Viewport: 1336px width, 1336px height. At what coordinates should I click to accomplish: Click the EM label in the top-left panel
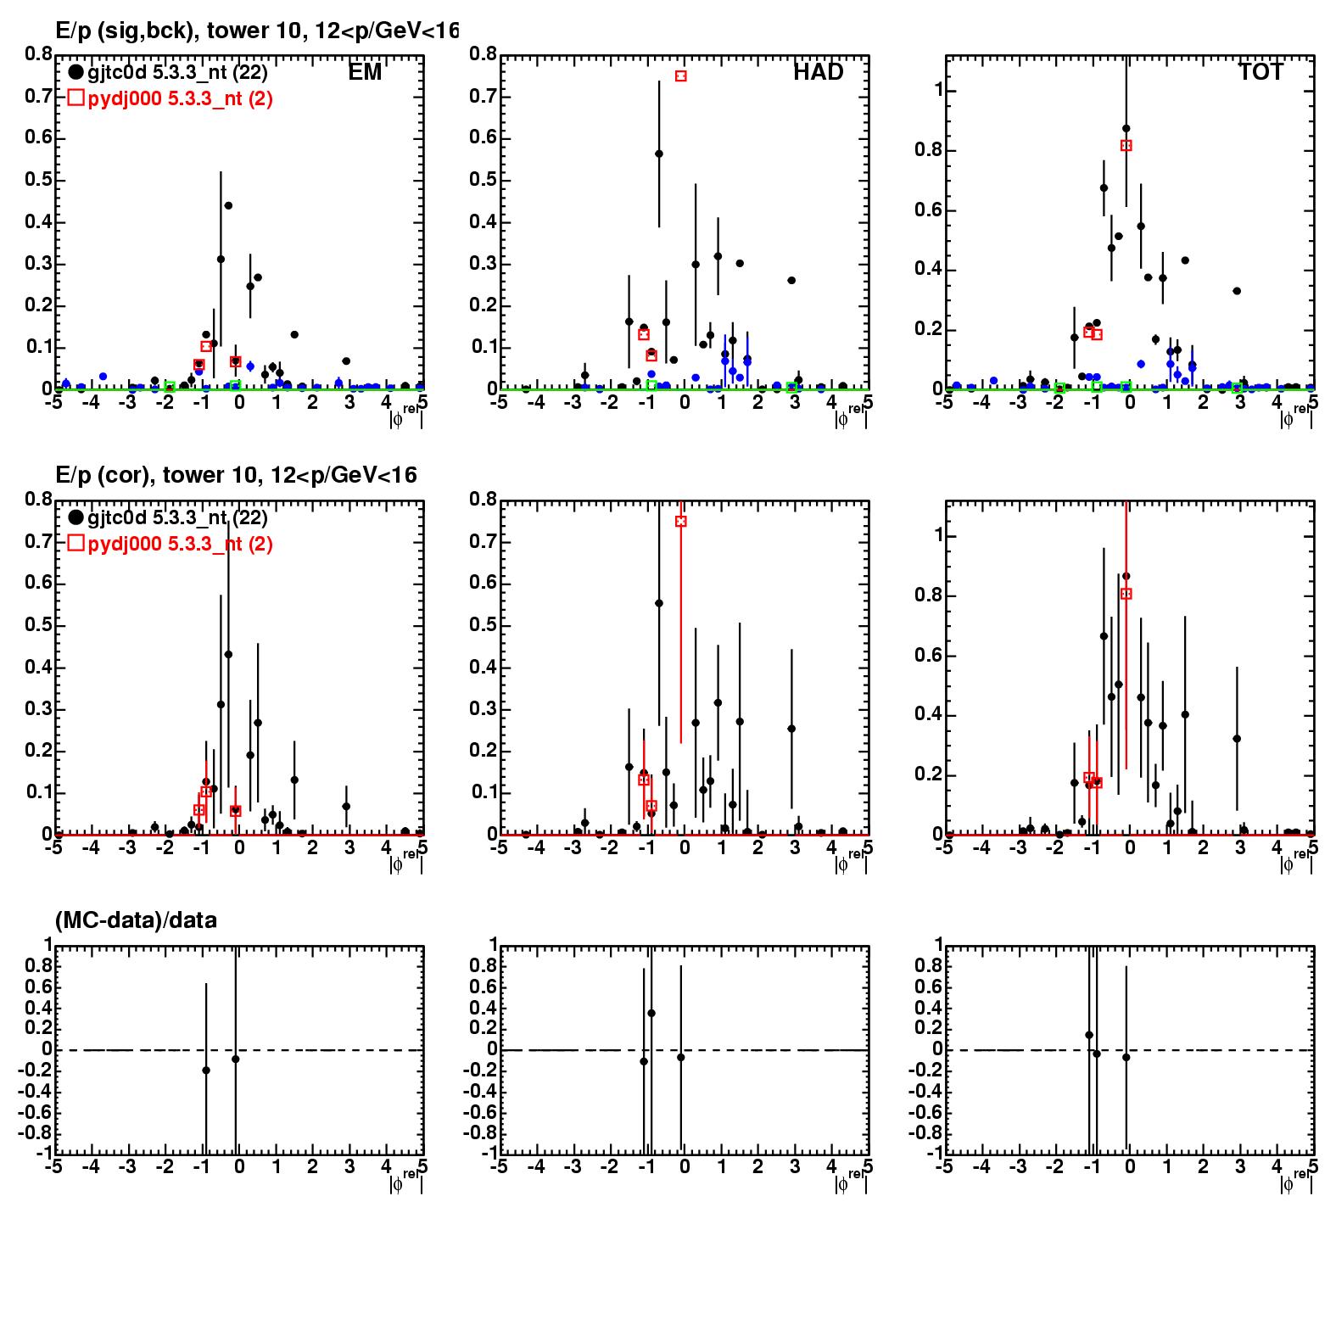click(x=365, y=73)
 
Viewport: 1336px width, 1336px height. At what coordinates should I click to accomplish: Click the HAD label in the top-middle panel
click(x=818, y=73)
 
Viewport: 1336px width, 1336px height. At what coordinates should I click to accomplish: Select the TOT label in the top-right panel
click(x=1261, y=73)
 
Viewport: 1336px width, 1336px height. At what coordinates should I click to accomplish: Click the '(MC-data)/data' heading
click(x=136, y=920)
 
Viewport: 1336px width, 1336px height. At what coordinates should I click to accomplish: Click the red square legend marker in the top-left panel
click(x=75, y=98)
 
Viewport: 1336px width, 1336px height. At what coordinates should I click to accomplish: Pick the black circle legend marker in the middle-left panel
click(x=75, y=517)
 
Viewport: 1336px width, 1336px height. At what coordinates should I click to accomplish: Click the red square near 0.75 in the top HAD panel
click(x=680, y=76)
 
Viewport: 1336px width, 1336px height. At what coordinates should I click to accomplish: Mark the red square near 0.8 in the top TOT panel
click(x=1126, y=146)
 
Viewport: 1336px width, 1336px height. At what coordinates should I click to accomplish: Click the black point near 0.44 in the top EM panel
click(x=228, y=205)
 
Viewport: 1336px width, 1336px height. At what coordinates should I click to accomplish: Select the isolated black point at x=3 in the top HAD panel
click(x=791, y=280)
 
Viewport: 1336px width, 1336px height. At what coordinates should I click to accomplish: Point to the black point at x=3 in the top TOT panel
click(x=1237, y=291)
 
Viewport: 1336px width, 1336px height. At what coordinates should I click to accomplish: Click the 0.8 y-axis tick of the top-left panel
click(x=39, y=54)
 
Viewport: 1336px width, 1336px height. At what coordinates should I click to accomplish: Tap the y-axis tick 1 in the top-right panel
click(x=931, y=92)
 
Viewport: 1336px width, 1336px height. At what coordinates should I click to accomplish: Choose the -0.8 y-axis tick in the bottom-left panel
click(x=31, y=1133)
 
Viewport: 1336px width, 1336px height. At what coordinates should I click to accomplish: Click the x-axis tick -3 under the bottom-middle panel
click(x=572, y=1166)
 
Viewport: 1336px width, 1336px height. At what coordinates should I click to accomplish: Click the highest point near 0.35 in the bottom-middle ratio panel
click(x=651, y=1013)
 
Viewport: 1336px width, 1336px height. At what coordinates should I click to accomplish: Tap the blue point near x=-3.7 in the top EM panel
click(x=103, y=376)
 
